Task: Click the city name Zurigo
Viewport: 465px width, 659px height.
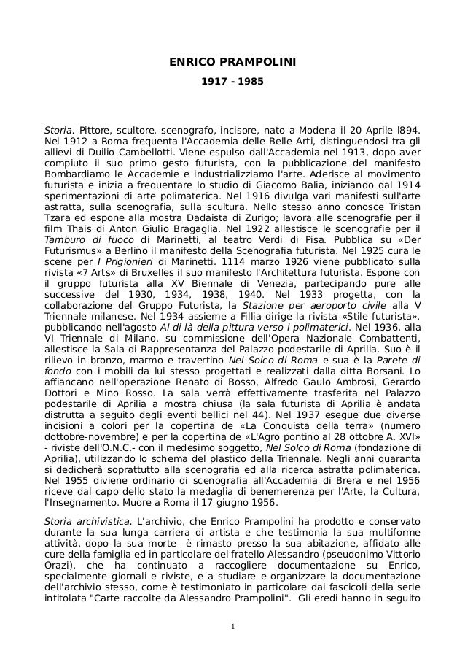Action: (254, 217)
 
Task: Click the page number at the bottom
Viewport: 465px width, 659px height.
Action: (232, 625)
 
